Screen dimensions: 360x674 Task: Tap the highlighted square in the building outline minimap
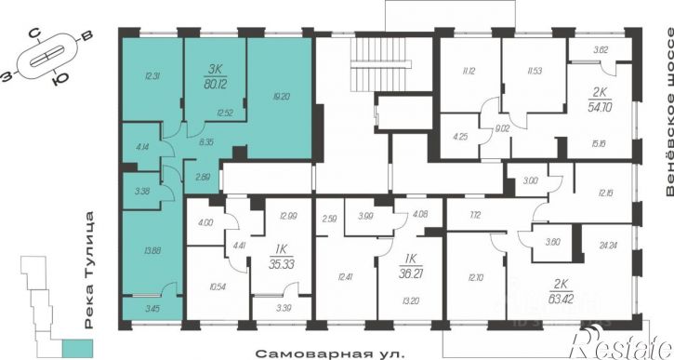[x=74, y=349]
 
